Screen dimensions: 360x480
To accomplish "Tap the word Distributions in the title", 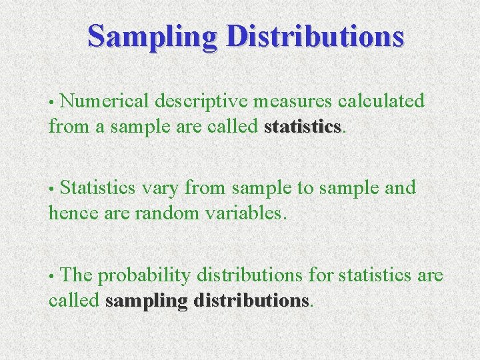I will [x=315, y=37].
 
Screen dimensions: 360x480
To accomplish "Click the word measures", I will [x=297, y=101].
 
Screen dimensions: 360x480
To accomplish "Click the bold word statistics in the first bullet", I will [x=303, y=126].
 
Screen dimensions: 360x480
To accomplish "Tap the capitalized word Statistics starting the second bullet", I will [x=103, y=189].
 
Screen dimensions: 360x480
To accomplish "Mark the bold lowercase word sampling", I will [x=146, y=301].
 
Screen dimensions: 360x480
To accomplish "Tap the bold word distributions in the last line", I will [x=251, y=301].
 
